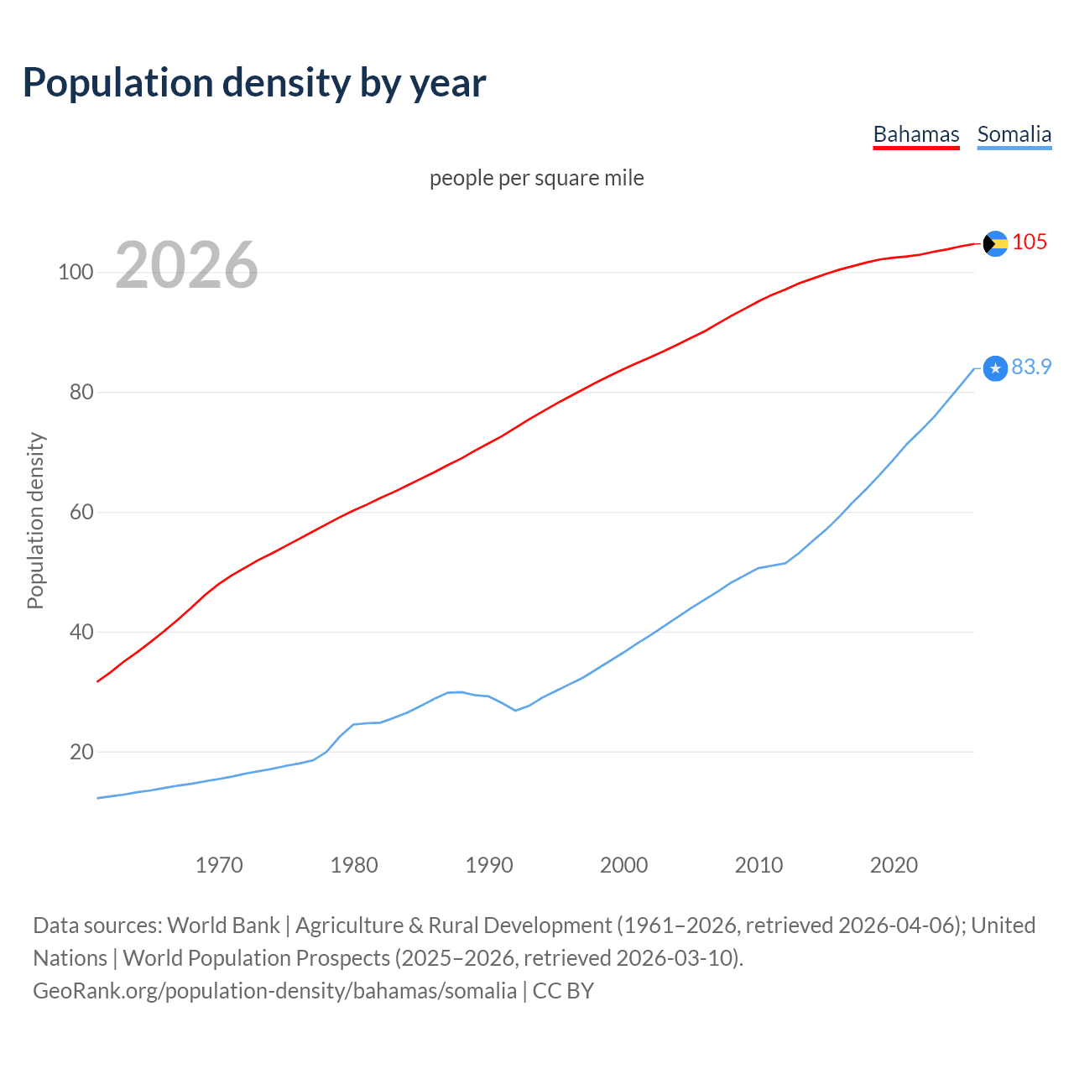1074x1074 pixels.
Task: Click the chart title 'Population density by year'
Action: [x=254, y=83]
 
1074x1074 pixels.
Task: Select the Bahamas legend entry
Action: [x=916, y=134]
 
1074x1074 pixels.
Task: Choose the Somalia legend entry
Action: [x=1014, y=134]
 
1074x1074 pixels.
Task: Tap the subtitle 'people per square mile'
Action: [x=537, y=179]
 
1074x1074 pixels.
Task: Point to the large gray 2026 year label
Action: [x=186, y=265]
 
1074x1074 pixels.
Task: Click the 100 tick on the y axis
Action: [x=76, y=273]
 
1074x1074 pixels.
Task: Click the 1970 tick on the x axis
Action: [x=219, y=865]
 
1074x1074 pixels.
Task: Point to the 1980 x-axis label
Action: [x=354, y=865]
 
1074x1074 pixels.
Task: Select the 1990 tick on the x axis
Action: [x=489, y=865]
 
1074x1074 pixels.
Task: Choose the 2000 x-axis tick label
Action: [x=624, y=865]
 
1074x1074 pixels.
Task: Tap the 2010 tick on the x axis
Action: [x=759, y=865]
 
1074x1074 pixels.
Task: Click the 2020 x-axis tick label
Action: [x=894, y=865]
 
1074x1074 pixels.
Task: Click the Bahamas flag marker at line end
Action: [x=995, y=243]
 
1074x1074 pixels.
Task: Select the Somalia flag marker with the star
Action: [x=995, y=368]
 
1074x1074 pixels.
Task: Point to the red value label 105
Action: [x=1030, y=242]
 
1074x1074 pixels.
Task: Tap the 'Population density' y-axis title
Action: [x=35, y=520]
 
